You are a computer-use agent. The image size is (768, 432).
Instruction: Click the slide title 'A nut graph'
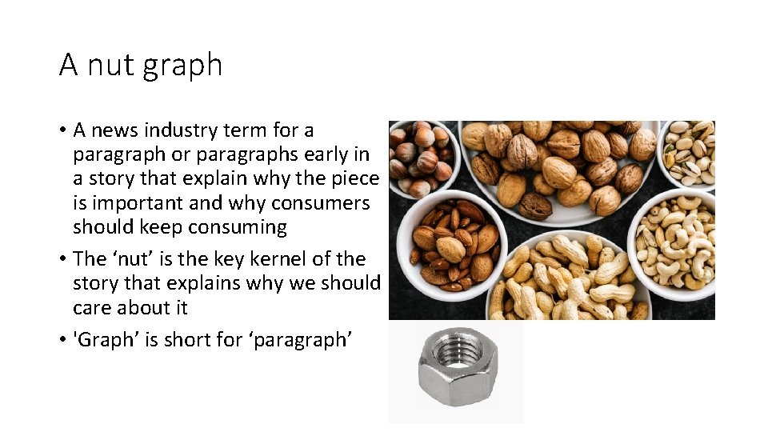click(141, 65)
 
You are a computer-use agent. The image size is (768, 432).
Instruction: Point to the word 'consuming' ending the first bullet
click(237, 227)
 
